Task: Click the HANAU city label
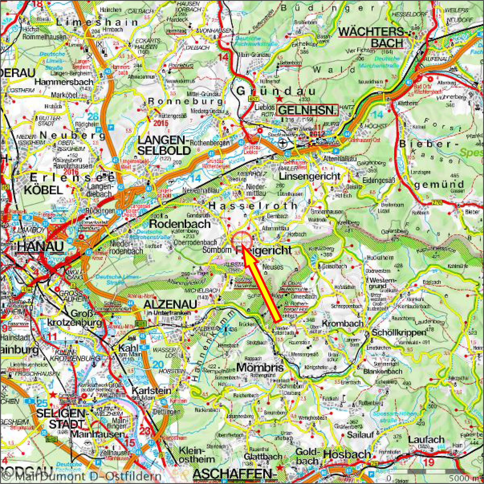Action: point(40,247)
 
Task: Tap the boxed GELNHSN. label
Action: point(307,110)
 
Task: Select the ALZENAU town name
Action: point(170,305)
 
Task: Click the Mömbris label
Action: point(260,367)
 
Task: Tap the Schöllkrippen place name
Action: point(399,333)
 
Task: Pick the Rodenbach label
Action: point(180,224)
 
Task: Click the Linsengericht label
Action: point(309,176)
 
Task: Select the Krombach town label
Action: point(343,323)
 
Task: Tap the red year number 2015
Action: point(161,123)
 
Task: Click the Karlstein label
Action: point(151,391)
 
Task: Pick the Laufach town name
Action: point(426,439)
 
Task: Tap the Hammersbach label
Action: point(64,82)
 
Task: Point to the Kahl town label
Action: point(128,348)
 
